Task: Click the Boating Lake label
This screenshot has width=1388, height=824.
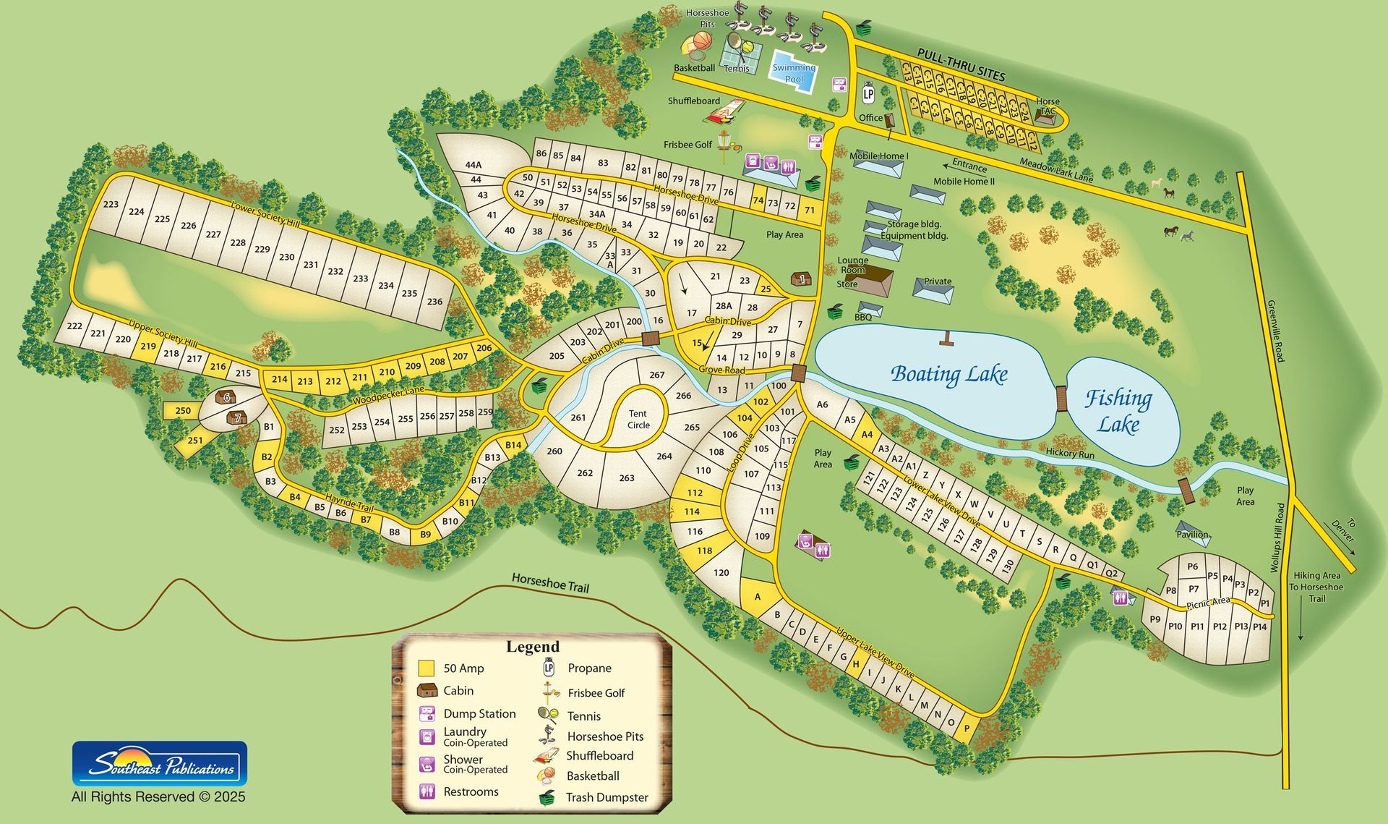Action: pos(948,374)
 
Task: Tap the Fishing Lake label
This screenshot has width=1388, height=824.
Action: pos(1118,410)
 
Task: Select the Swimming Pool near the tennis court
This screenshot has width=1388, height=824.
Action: pos(794,72)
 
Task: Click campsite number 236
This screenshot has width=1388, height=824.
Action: pos(434,302)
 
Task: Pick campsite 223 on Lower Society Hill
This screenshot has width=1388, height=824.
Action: pos(111,204)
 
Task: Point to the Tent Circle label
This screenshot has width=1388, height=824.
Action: pos(638,420)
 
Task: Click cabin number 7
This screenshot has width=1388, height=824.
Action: pos(237,418)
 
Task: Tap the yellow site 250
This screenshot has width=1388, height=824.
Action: pos(183,410)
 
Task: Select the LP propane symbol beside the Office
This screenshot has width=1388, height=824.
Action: pos(868,94)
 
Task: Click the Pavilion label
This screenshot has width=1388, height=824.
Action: pos(1192,535)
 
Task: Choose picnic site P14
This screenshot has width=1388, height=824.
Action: pos(1259,627)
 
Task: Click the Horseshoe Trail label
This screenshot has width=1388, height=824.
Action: pos(550,582)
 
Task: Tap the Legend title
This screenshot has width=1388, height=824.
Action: pos(532,647)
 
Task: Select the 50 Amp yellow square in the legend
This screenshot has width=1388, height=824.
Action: pos(427,668)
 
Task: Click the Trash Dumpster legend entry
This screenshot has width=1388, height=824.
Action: pos(607,797)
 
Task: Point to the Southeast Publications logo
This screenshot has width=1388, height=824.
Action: pos(160,763)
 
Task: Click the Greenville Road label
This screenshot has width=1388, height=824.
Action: pos(1274,331)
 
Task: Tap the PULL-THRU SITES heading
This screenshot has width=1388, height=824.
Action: pos(961,64)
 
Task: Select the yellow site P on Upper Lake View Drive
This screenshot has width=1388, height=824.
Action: pos(967,729)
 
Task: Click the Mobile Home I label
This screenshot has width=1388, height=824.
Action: pos(878,156)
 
